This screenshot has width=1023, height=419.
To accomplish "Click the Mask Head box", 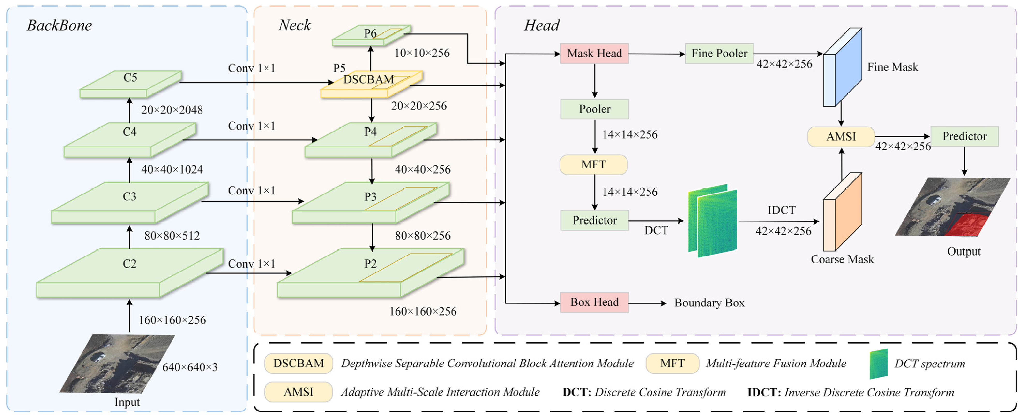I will [594, 53].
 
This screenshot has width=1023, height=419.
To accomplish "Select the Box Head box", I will [594, 302].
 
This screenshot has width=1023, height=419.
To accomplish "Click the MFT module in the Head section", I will [593, 164].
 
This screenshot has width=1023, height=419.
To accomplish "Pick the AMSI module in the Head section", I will [841, 136].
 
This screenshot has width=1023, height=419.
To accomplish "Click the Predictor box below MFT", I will [594, 220].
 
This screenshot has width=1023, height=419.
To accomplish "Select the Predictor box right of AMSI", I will [964, 136].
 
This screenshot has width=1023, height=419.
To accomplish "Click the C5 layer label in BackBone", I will [130, 78].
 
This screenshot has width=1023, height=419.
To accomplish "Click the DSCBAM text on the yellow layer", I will [368, 79].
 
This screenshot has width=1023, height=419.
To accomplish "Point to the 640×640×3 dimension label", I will [190, 367].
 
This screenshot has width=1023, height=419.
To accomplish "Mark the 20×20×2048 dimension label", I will [172, 110].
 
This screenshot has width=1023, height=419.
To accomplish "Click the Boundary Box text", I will [709, 303].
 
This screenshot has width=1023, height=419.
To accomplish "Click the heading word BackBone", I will [59, 25].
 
